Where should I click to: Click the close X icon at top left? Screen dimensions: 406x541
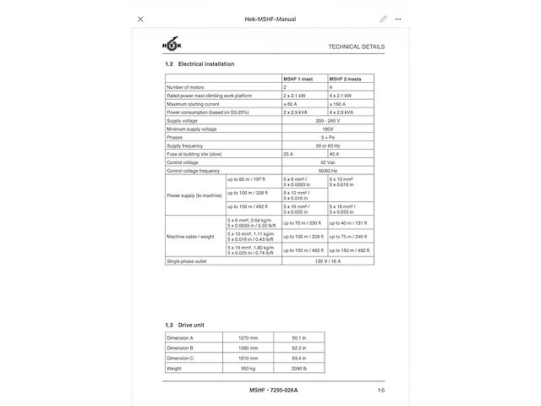[x=140, y=19]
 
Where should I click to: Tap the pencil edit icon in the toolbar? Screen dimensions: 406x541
[x=383, y=19]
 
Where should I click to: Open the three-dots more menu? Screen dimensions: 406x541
[x=399, y=19]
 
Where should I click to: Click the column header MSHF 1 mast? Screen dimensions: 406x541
[x=298, y=79]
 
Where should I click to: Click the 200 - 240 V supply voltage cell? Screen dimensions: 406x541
[x=327, y=120]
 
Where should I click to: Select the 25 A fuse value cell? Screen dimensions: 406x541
[x=289, y=154]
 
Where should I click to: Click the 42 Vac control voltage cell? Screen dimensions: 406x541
[x=327, y=162]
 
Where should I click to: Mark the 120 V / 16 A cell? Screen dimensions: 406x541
[x=327, y=261]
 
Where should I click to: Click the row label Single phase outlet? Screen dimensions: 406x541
[x=189, y=261]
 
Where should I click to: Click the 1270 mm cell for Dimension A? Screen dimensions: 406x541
[x=248, y=337]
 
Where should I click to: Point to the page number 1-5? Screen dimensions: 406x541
[x=381, y=390]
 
